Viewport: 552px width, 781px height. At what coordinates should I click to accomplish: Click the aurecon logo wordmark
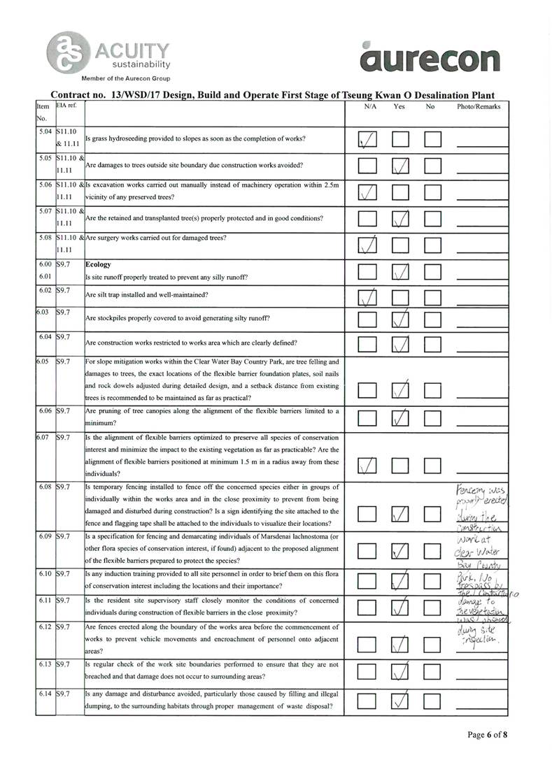432,57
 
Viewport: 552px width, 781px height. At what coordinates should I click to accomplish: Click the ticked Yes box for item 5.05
400,166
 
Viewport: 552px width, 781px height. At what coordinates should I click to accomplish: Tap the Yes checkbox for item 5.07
400,218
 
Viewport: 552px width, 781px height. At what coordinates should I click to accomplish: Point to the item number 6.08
45,486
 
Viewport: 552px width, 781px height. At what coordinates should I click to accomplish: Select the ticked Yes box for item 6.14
400,699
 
